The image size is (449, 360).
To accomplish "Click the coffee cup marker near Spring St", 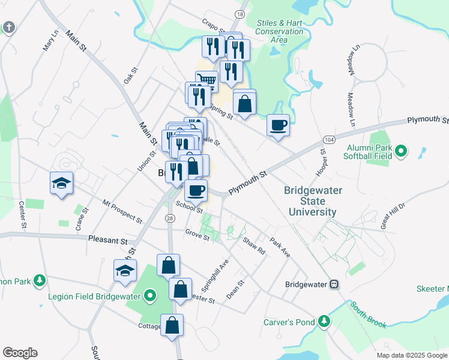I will pyautogui.click(x=278, y=125).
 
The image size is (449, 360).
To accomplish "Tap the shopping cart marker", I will pyautogui.click(x=206, y=80).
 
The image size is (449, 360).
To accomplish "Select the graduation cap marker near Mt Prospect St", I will pyautogui.click(x=61, y=183).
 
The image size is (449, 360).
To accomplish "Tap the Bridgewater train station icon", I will pyautogui.click(x=335, y=284).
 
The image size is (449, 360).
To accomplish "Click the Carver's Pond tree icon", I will pyautogui.click(x=324, y=322).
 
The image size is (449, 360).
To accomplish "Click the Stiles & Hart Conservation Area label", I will pyautogui.click(x=280, y=31).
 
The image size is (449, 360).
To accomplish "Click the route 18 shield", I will pyautogui.click(x=240, y=14).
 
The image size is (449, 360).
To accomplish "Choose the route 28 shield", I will pyautogui.click(x=170, y=218).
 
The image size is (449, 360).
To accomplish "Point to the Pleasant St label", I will pyautogui.click(x=108, y=240).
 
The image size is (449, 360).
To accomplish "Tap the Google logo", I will pyautogui.click(x=20, y=353).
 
